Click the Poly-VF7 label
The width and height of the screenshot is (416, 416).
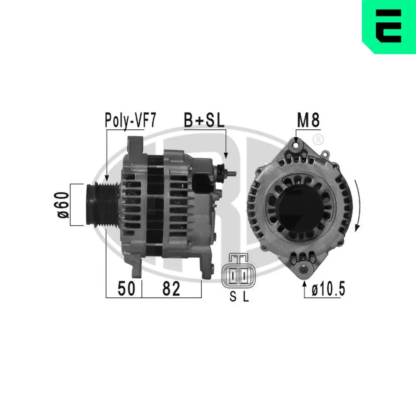(130, 121)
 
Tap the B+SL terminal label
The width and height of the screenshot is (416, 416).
(204, 121)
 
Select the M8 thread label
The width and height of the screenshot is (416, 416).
(308, 121)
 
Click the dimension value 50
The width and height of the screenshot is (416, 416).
(126, 289)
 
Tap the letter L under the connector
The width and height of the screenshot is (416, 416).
(246, 297)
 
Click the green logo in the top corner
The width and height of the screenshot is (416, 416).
(389, 27)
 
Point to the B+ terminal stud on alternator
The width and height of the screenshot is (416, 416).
(227, 171)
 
